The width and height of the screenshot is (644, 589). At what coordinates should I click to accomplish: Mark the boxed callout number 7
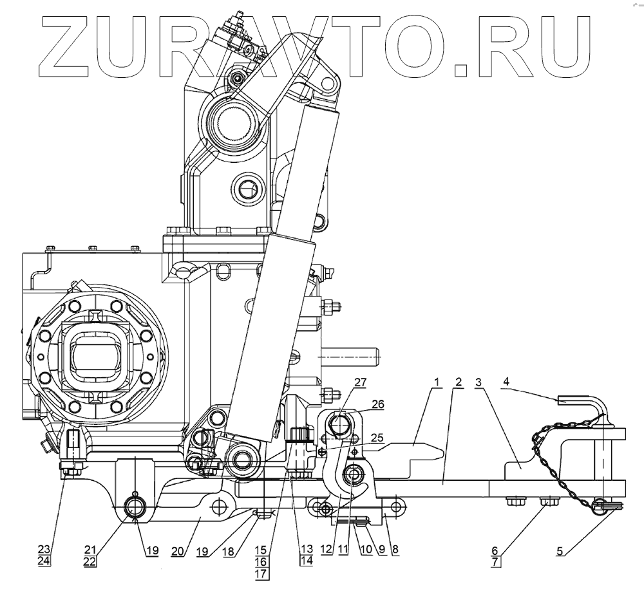coord(495,561)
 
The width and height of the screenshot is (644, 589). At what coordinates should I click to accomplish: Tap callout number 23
coord(44,549)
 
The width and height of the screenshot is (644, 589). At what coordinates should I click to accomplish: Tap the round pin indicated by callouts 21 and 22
coord(135,507)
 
